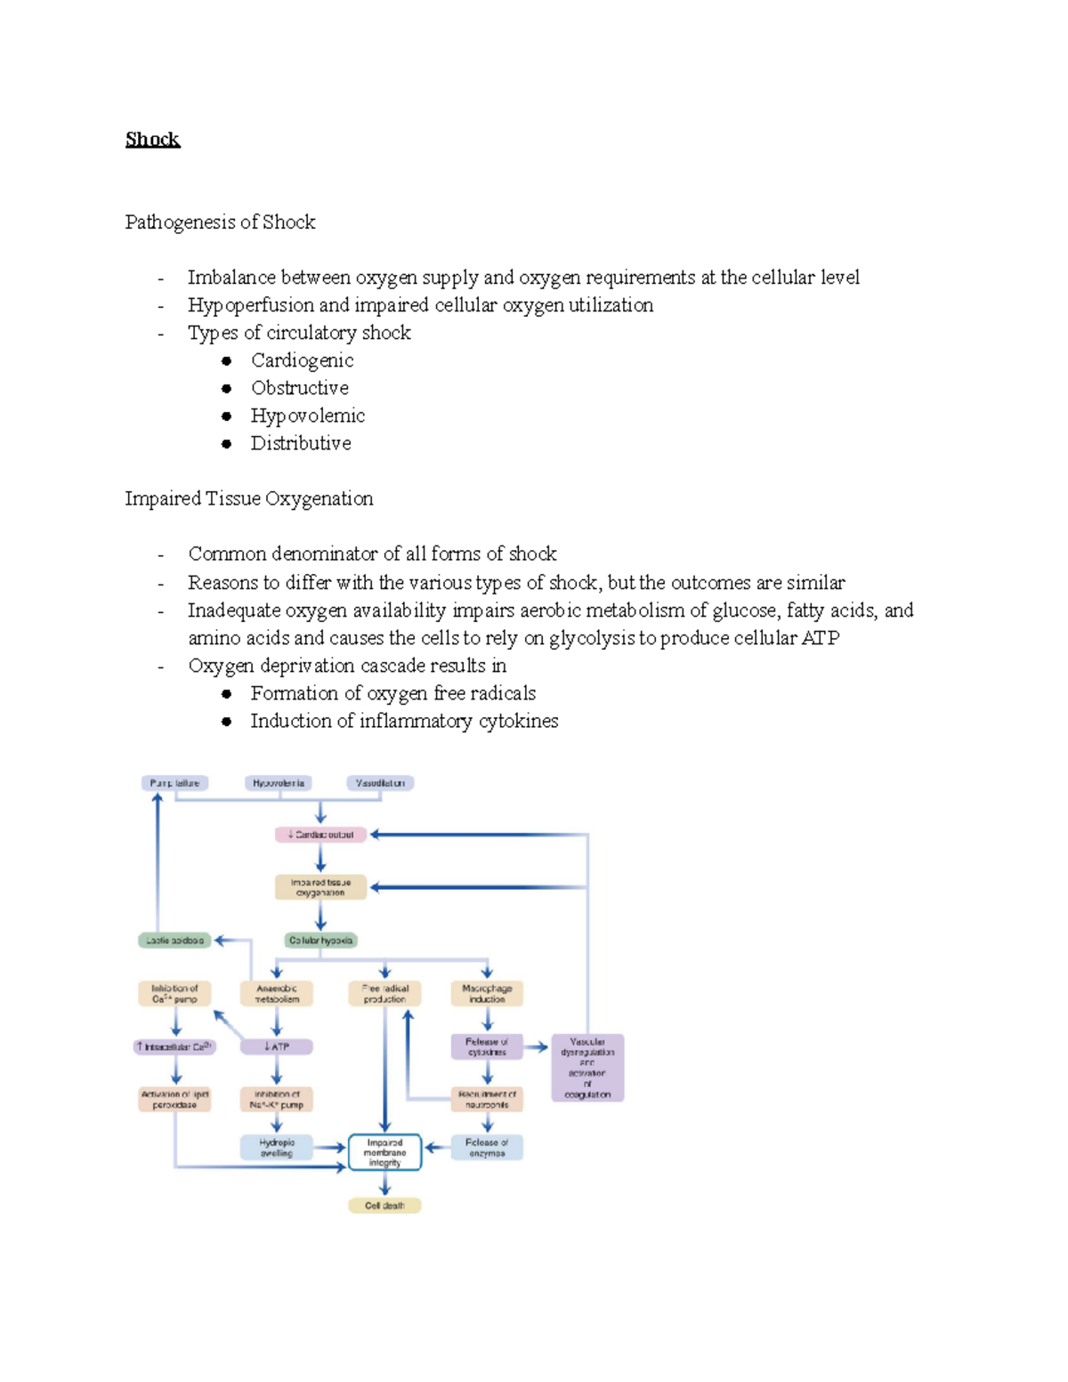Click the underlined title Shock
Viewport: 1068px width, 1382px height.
coord(152,140)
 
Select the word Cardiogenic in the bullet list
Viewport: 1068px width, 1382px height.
coord(302,360)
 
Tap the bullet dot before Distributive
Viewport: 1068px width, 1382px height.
coord(227,443)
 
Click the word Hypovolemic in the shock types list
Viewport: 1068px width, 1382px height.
coord(307,416)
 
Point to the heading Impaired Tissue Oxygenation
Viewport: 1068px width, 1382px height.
coord(248,498)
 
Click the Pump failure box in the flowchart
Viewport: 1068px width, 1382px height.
coord(174,783)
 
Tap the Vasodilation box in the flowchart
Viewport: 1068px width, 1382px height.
coord(380,783)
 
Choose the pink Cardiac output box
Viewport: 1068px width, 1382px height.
coord(320,835)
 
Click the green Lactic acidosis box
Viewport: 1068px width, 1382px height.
coord(174,940)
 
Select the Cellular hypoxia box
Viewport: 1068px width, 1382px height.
coord(320,940)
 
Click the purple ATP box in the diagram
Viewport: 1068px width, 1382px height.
coord(277,1047)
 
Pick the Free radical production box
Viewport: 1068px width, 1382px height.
coord(384,993)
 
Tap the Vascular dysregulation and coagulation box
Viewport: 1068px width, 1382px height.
coord(587,1068)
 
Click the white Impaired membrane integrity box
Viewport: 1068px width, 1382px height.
coord(384,1152)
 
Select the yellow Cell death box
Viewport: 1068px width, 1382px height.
coord(384,1206)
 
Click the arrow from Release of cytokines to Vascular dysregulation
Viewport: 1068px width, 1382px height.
coord(536,1047)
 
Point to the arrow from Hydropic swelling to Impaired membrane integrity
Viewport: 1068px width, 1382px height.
coord(329,1148)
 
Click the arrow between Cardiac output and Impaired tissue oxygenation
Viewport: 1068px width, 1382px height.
coord(320,859)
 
